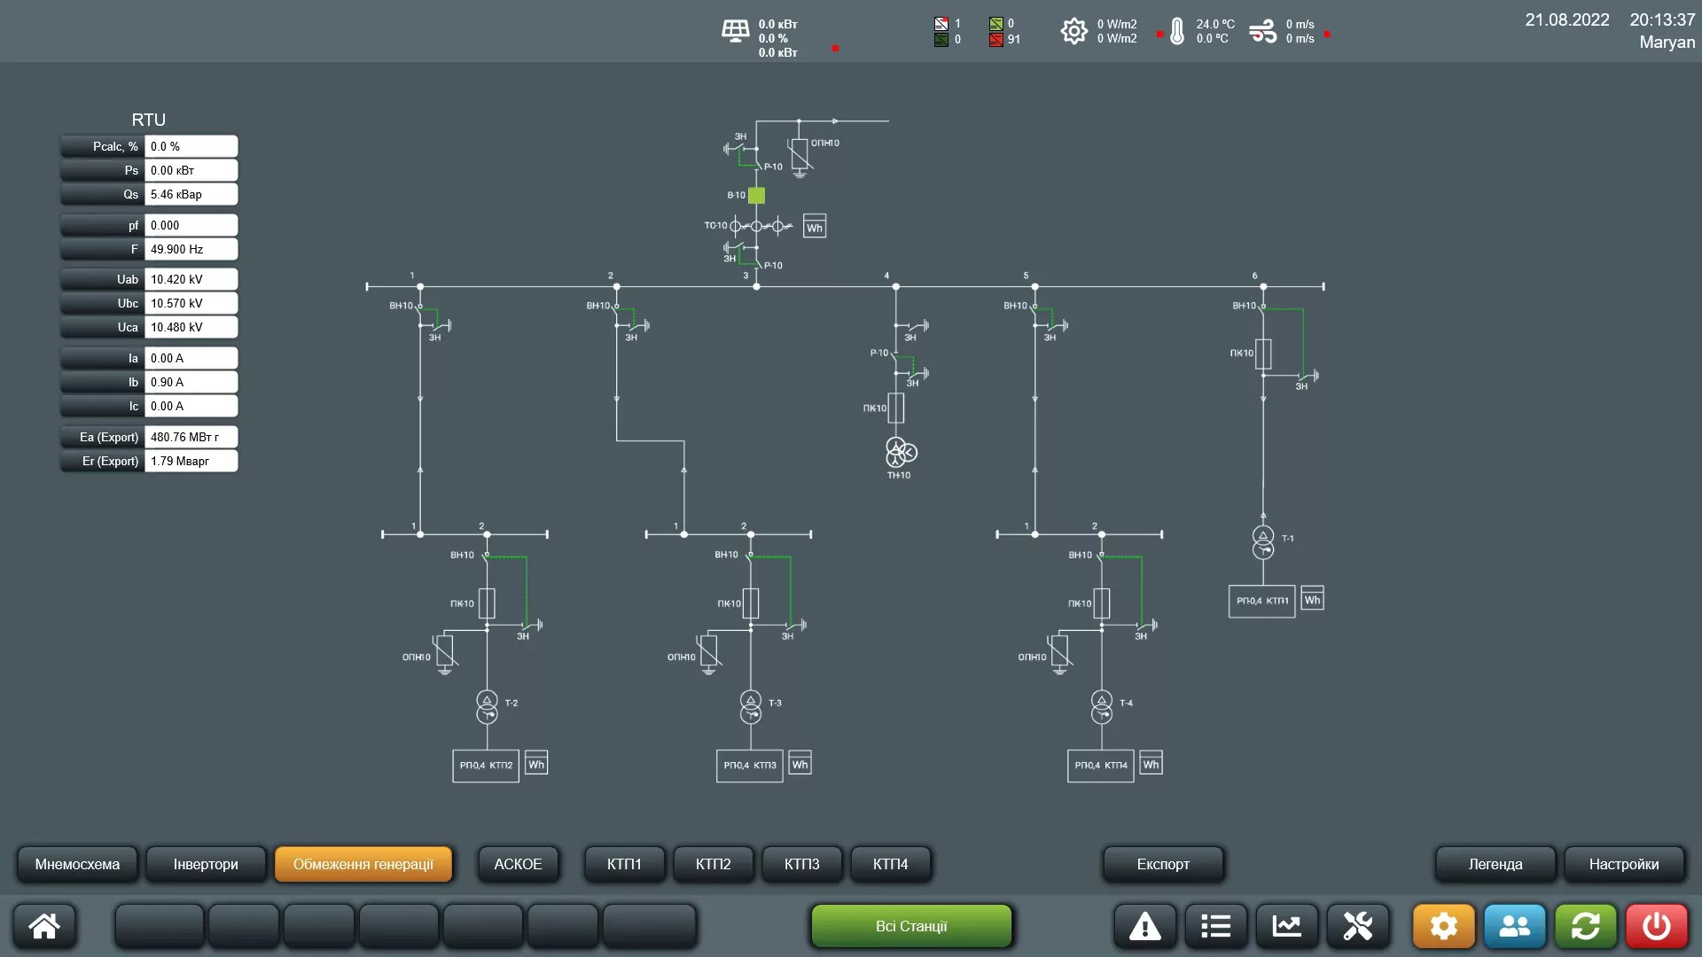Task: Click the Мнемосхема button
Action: (77, 864)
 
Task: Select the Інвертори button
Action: (206, 864)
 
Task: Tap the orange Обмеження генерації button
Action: (363, 864)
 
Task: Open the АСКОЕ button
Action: (518, 864)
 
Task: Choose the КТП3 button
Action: (801, 864)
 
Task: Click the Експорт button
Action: (1163, 864)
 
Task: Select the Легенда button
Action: (1495, 864)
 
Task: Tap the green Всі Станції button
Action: (911, 926)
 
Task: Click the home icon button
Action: (44, 926)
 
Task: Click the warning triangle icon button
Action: (1144, 926)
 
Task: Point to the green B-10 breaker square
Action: (756, 195)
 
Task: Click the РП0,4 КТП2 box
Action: (486, 765)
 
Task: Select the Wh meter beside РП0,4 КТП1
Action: (1312, 600)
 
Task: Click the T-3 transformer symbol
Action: (751, 706)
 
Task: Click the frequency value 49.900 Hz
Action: (191, 249)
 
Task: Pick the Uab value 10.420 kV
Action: (191, 279)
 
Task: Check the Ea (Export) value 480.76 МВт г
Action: (191, 437)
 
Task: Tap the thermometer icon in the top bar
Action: (1176, 32)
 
